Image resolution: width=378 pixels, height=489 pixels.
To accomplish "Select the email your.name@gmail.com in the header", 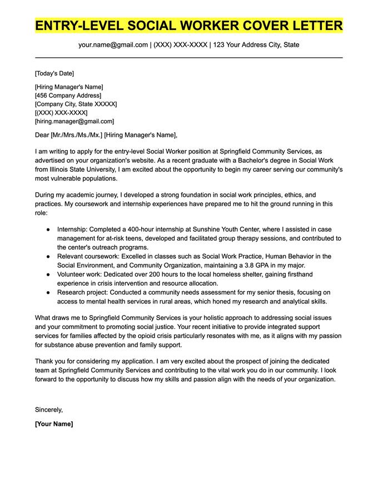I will pos(113,44).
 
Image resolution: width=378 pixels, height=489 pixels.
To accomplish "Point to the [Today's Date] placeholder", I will pos(54,73).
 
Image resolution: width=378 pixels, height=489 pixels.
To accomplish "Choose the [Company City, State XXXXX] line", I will pos(76,104).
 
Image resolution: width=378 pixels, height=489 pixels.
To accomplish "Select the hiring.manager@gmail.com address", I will pos(74,121).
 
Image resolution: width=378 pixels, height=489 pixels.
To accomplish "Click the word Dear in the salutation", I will pos(42,135).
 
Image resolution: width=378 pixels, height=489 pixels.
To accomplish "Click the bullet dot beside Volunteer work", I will pos(48,275).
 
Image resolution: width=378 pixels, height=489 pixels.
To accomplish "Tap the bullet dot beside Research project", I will pos(48,292).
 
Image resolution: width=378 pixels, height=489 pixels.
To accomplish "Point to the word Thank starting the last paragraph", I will pos(44,362).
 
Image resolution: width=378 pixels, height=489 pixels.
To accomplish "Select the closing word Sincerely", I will pos(49,410).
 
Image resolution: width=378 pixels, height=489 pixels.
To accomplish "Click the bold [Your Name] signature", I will pos(54,423).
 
